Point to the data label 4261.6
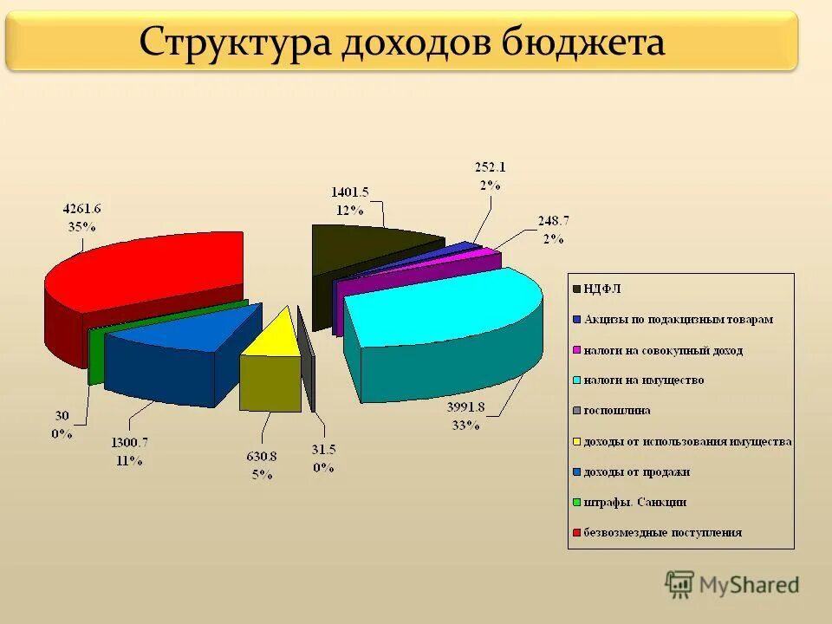82,209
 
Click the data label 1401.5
350,192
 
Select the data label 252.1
490,166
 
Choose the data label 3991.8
465,408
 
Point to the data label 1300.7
129,444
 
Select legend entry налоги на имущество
643,380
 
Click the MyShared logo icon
679,584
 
